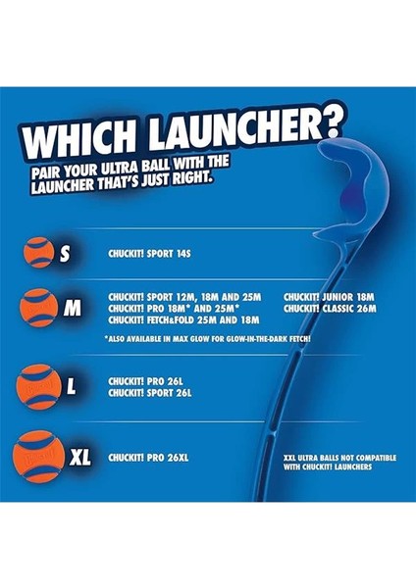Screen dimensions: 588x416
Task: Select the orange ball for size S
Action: pos(42,252)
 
